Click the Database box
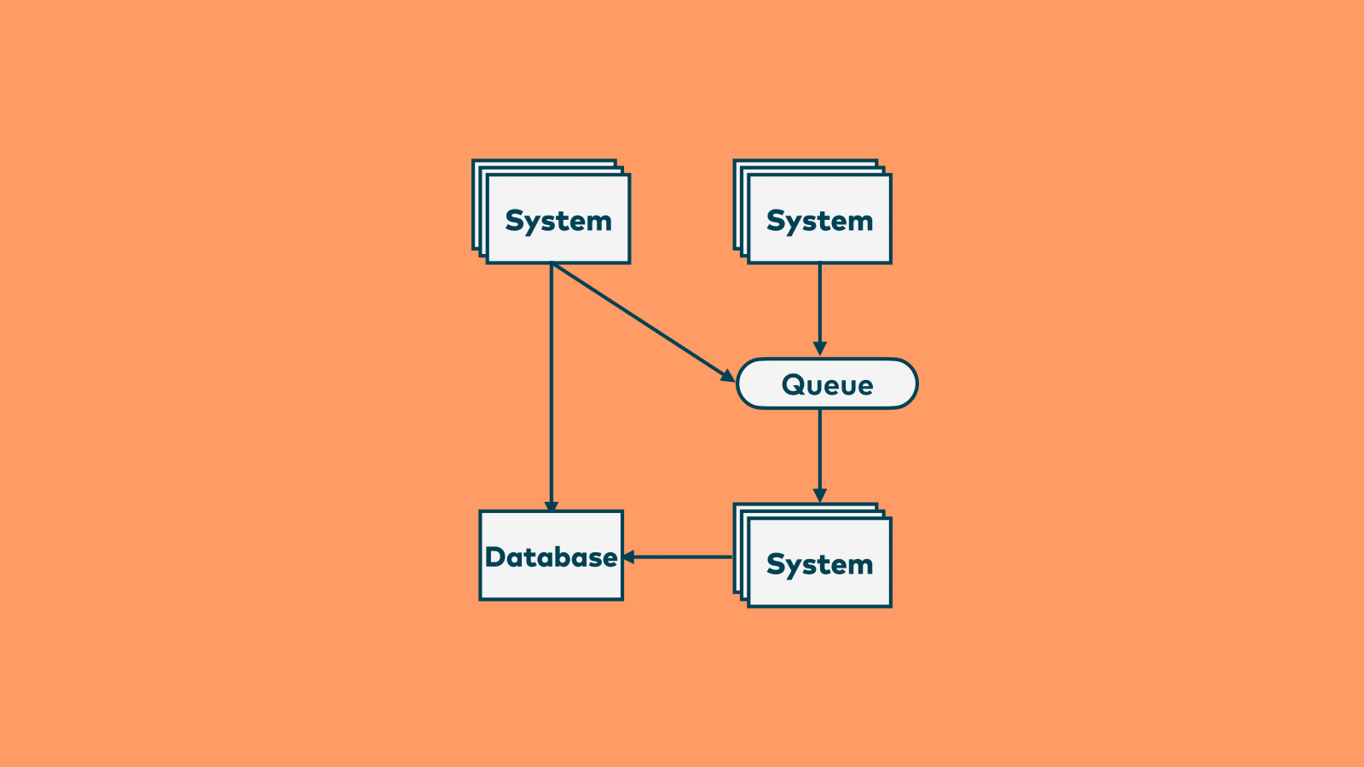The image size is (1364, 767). point(551,580)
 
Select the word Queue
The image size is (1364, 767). point(827,385)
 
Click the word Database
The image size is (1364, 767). point(551,557)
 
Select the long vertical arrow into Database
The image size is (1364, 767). point(552,383)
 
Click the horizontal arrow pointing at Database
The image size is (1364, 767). point(682,557)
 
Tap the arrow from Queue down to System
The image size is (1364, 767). point(820,452)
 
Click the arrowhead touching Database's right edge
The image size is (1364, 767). point(629,557)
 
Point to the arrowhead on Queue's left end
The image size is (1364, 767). point(727,375)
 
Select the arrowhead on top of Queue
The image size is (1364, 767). point(820,349)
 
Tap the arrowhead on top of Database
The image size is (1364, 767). point(552,506)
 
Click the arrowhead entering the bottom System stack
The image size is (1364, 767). point(820,496)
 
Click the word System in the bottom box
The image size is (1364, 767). point(819,564)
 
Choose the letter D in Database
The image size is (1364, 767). point(495,557)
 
